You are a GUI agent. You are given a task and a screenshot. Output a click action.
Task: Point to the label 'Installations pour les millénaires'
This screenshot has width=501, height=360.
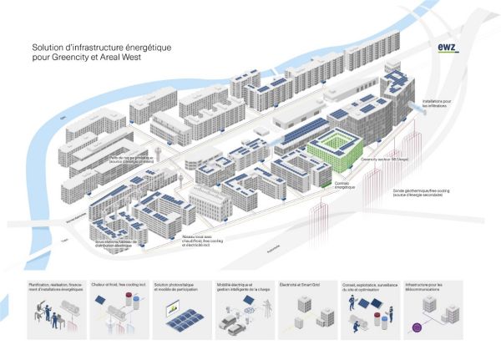click(x=437, y=103)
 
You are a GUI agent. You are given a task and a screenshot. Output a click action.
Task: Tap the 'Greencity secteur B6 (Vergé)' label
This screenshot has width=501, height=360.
click(x=381, y=157)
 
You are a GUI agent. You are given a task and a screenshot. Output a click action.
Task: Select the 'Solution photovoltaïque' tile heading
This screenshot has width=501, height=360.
click(x=179, y=286)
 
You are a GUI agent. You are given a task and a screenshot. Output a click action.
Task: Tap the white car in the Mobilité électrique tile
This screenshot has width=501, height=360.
click(x=231, y=327)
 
